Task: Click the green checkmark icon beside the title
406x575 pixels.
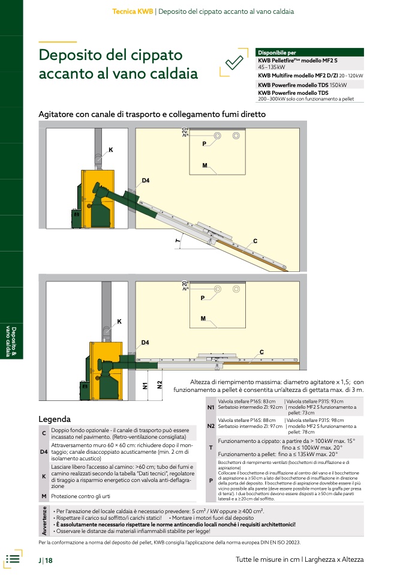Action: pos(234,62)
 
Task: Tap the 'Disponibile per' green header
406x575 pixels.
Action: pos(309,52)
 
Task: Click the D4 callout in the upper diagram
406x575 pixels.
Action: pos(146,181)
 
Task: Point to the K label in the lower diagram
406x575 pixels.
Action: pos(119,322)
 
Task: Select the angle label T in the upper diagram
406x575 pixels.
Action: pos(178,241)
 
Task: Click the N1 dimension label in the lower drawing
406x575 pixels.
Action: pos(145,386)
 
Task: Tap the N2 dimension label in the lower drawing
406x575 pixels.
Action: pos(160,385)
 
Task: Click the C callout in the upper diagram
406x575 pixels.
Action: pos(255,241)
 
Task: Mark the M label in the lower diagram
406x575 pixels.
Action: pos(203,319)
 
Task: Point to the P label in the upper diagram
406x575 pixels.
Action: pos(204,144)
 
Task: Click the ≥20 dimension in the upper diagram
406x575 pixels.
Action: pos(184,133)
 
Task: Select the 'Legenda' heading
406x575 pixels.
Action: pos(55,419)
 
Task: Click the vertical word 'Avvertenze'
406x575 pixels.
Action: pos(44,520)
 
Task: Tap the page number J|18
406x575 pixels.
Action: pos(46,561)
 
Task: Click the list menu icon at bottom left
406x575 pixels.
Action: pos(13,559)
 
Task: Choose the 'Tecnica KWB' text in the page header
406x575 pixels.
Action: pos(133,11)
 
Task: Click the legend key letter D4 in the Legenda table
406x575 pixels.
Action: pos(44,452)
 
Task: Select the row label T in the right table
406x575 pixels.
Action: pos(210,447)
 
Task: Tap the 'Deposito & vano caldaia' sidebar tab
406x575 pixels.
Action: pos(11,341)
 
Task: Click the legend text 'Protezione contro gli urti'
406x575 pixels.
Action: pos(80,496)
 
